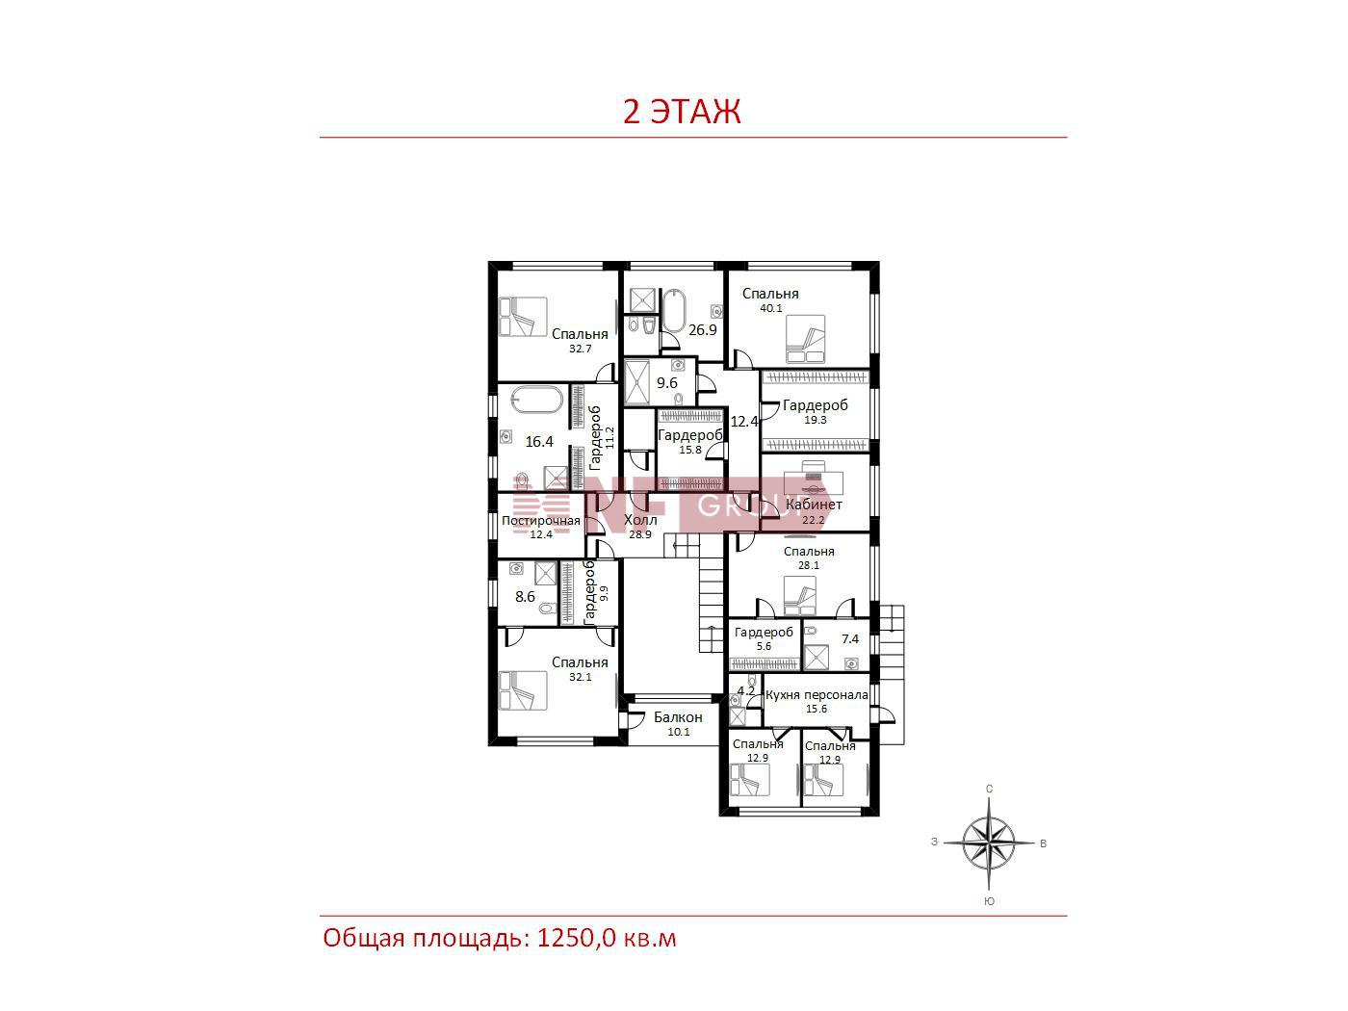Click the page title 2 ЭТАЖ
(682, 112)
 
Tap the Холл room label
(640, 520)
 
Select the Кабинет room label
(814, 505)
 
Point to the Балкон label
(678, 717)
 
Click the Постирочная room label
(540, 521)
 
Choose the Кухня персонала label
(817, 695)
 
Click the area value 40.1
(770, 308)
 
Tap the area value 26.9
(703, 330)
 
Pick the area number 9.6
(667, 383)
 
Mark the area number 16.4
(539, 441)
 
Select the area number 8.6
(525, 597)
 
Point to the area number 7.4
(850, 639)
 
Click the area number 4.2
(745, 690)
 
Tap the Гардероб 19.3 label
(815, 411)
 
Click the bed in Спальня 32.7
(523, 317)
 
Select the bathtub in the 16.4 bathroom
(537, 400)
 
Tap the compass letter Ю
(989, 901)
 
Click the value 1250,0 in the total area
(576, 939)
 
